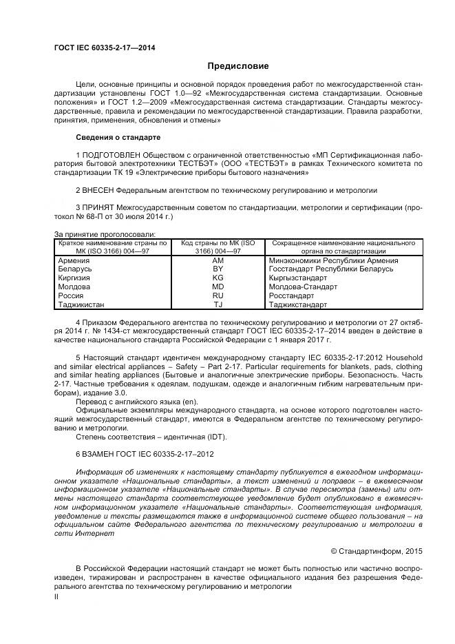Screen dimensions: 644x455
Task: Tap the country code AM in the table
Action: pos(218,261)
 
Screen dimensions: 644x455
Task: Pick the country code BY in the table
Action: pos(218,269)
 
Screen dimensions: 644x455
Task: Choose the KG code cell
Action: pos(218,278)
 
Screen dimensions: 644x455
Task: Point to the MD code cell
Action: pos(218,287)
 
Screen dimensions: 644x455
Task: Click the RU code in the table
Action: pos(218,295)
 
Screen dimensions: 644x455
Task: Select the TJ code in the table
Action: pos(218,304)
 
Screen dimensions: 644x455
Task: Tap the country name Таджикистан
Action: pos(83,304)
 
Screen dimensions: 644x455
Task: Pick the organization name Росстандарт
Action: pos(292,295)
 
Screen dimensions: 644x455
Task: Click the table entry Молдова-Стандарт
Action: pos(303,287)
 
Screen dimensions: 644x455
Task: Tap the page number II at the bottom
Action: pos(56,597)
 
